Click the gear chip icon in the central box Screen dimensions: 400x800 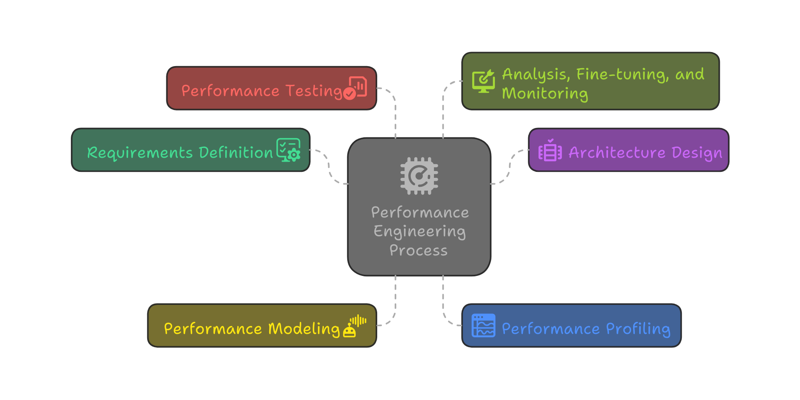(419, 176)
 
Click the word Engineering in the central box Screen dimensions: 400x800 (419, 232)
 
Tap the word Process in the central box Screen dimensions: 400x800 (419, 250)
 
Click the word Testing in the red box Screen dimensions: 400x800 (314, 91)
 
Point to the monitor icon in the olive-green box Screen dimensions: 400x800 (483, 81)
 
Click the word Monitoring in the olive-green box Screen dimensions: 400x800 (545, 93)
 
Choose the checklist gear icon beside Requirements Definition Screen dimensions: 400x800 (288, 150)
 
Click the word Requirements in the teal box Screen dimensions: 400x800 (140, 153)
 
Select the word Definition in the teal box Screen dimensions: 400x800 (236, 153)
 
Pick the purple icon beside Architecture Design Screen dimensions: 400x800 (550, 151)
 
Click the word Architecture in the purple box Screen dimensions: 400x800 (617, 153)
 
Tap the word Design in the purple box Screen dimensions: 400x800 (697, 153)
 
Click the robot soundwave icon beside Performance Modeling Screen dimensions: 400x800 (355, 326)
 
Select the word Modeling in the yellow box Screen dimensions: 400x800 (304, 329)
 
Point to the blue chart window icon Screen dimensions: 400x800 (483, 326)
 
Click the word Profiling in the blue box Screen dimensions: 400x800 (638, 329)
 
